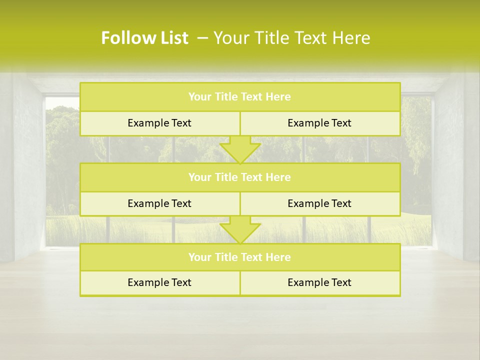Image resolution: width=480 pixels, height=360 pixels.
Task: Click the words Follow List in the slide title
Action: pos(144,38)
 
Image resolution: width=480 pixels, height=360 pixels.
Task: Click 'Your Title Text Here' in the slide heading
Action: pos(291,38)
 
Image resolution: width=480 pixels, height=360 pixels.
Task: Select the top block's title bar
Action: pos(240,97)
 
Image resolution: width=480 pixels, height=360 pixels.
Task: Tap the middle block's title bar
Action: pos(240,177)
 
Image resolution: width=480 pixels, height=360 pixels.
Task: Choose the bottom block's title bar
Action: pos(240,257)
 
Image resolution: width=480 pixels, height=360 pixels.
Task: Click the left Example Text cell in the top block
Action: pos(159,123)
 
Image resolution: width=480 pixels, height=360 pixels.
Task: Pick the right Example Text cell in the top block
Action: pos(319,123)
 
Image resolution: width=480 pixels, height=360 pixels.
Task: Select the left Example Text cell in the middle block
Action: pos(159,203)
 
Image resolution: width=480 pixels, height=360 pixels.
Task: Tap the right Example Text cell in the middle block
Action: pos(319,203)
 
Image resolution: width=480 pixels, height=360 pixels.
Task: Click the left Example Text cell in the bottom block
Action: pos(159,283)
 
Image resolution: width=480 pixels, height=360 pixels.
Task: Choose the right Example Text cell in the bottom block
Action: pos(319,283)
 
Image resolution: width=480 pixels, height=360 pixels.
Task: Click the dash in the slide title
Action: pos(202,38)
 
